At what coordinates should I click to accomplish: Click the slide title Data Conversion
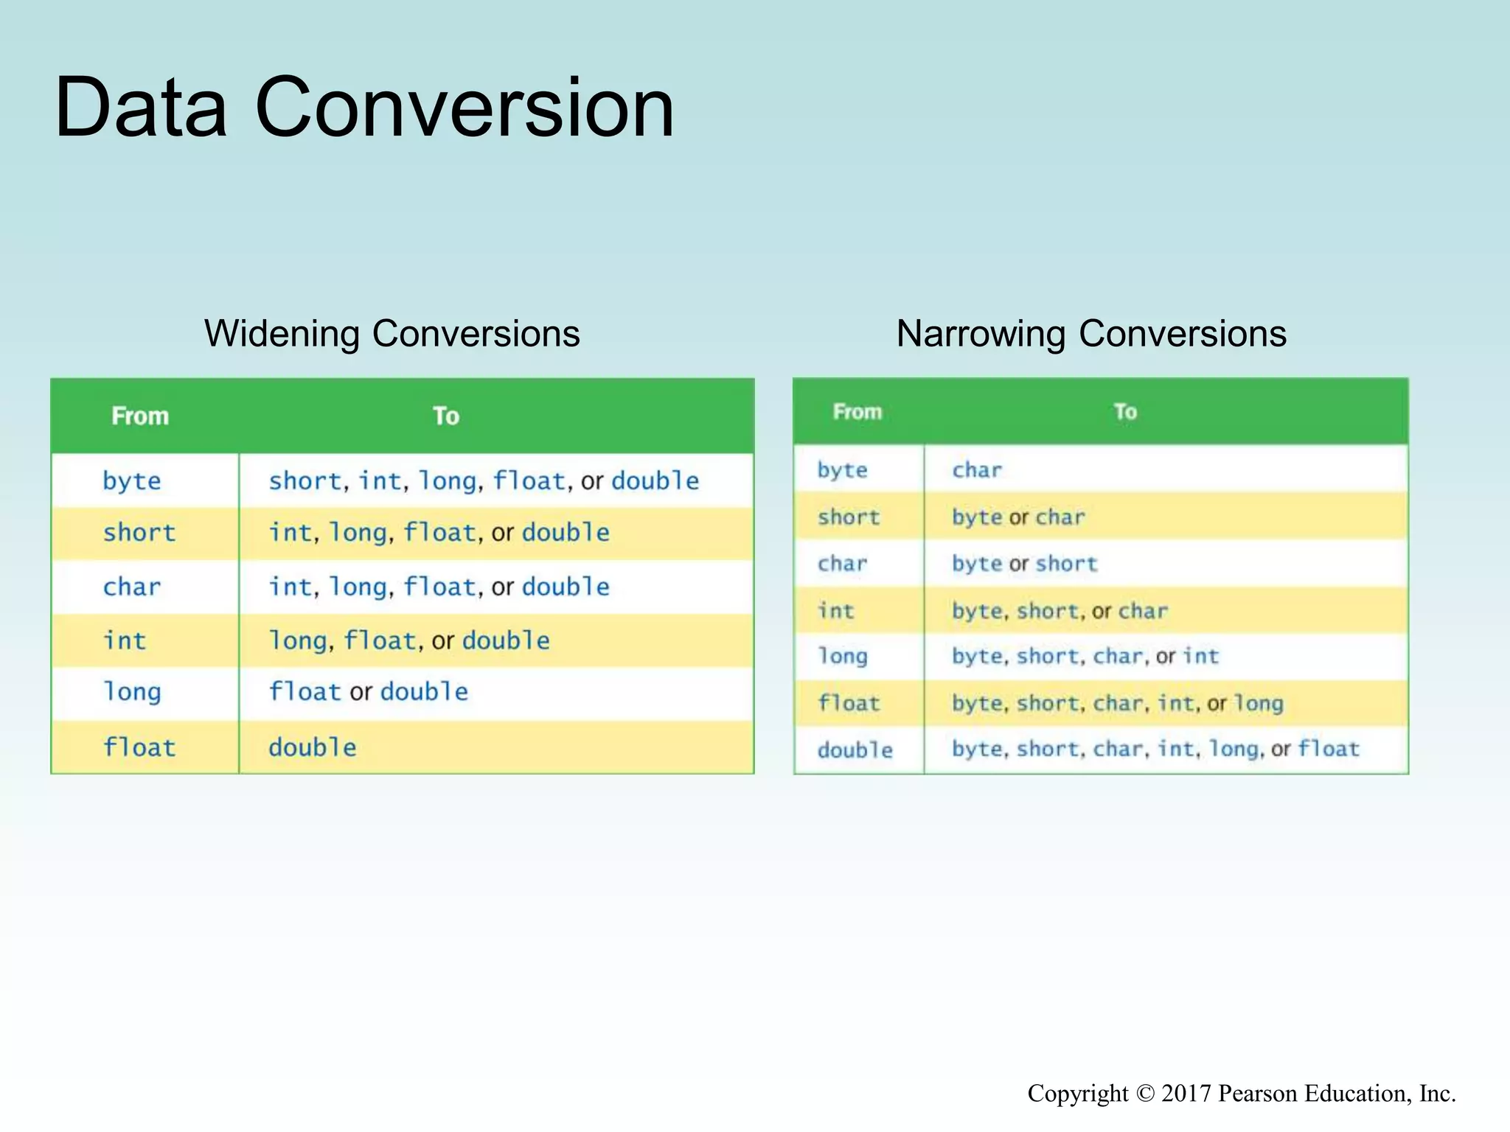click(364, 107)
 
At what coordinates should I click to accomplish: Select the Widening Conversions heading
click(392, 333)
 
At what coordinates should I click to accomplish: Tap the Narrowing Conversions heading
click(1091, 333)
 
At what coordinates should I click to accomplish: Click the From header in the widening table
click(140, 416)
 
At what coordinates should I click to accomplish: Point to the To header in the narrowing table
click(1125, 411)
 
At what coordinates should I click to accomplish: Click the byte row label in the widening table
click(131, 481)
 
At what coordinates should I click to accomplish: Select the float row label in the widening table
click(139, 747)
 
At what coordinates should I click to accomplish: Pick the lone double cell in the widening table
click(312, 747)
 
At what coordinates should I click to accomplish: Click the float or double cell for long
click(368, 692)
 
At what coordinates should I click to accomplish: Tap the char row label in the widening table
click(131, 587)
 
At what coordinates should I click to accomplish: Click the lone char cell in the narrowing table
click(977, 470)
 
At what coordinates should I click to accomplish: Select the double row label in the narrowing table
click(855, 750)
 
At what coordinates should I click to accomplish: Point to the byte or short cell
click(1024, 564)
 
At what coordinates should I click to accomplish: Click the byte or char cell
click(1018, 517)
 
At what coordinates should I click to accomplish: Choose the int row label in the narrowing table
click(835, 610)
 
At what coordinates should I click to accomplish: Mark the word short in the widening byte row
click(305, 481)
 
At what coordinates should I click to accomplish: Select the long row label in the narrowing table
click(842, 656)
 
